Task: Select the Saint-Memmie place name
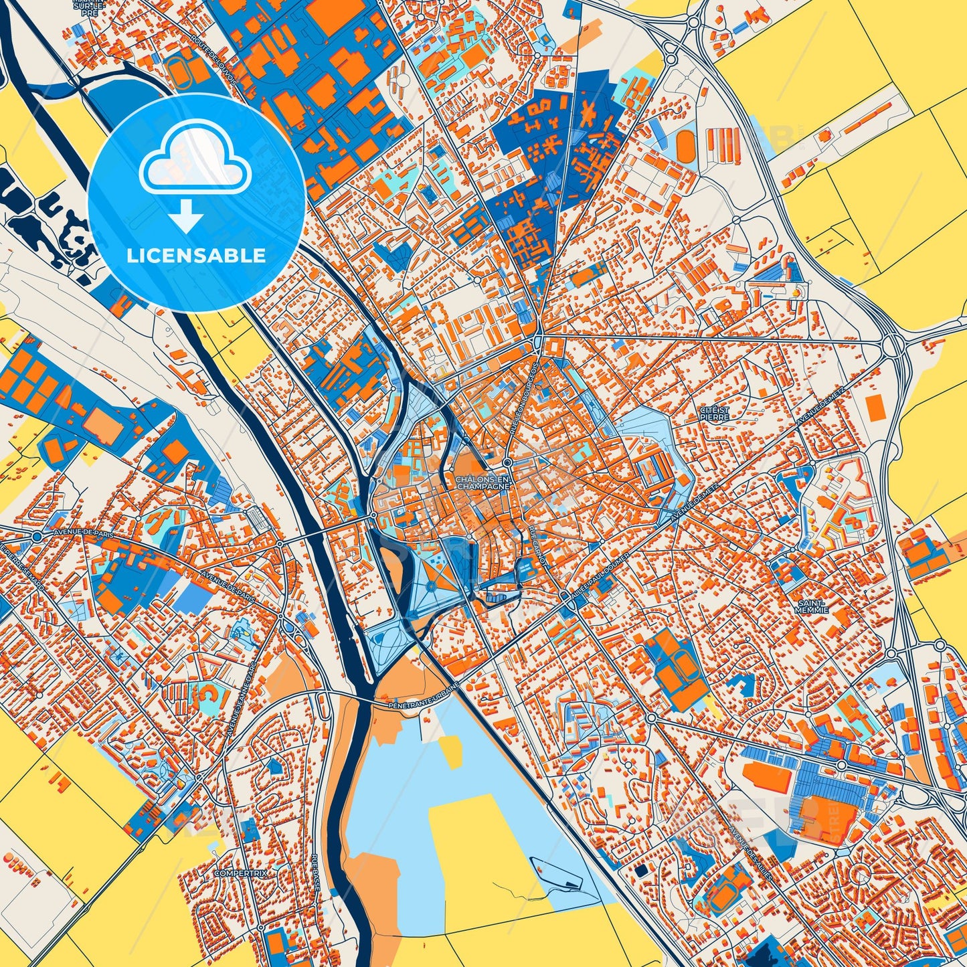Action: [x=812, y=606]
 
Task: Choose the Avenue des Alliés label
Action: [x=750, y=854]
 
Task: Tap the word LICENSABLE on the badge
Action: [x=197, y=256]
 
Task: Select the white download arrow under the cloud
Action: [x=186, y=214]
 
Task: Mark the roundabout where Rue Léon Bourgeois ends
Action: [x=508, y=462]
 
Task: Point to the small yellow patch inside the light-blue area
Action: [x=452, y=752]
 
